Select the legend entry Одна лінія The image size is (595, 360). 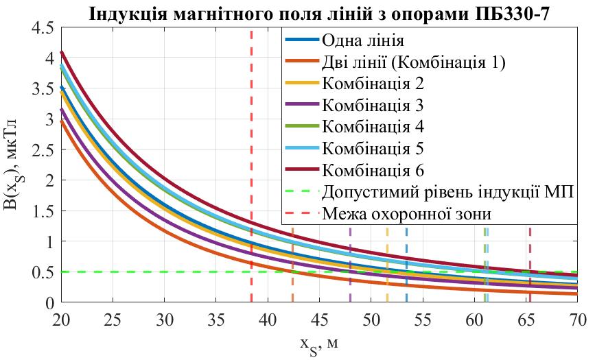[363, 40]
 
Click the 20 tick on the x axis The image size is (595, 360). [61, 320]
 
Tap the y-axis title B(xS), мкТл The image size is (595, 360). [15, 165]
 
